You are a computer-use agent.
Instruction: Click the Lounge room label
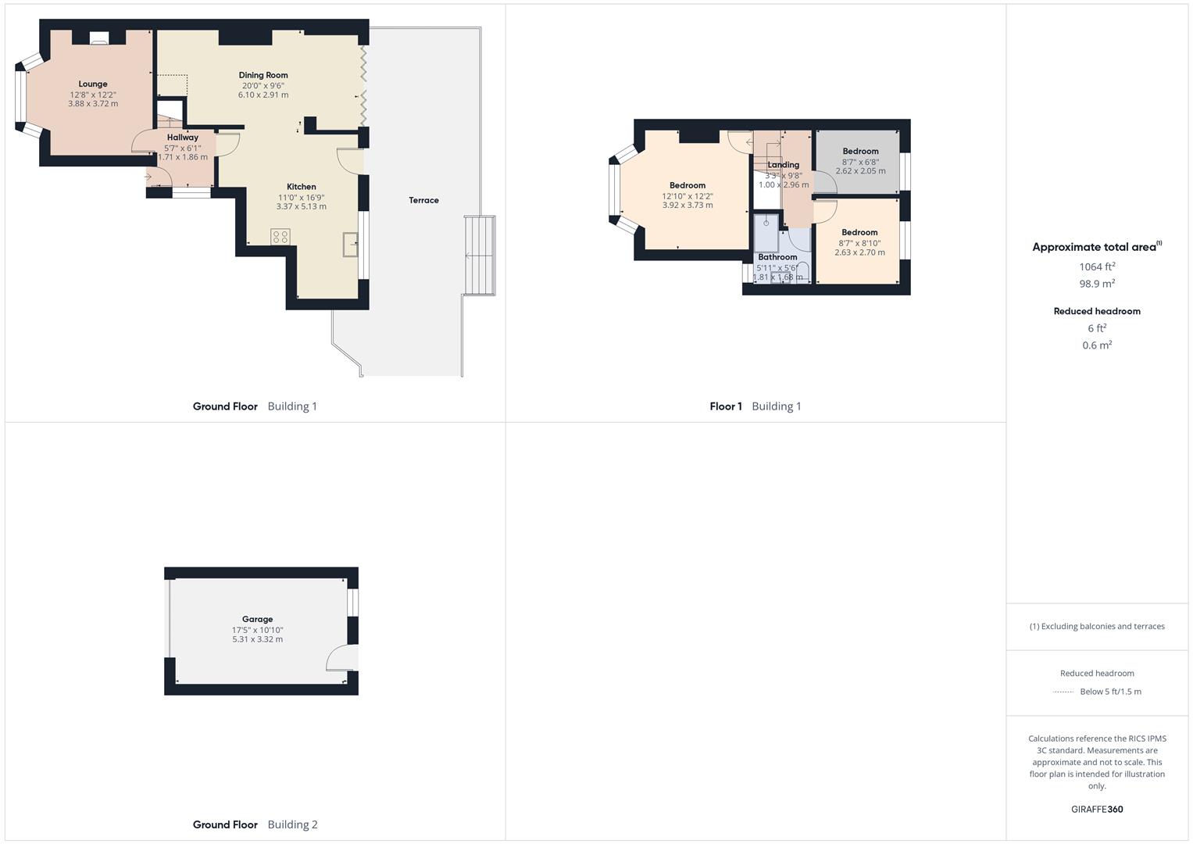pyautogui.click(x=93, y=84)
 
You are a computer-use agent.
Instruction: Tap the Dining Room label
pyautogui.click(x=263, y=76)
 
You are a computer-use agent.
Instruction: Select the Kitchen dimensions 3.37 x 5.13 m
pyautogui.click(x=301, y=207)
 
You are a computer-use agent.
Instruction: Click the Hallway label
pyautogui.click(x=182, y=138)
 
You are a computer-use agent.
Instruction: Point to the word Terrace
pyautogui.click(x=423, y=201)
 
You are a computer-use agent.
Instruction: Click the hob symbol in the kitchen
pyautogui.click(x=280, y=236)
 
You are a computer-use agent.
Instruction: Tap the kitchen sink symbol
pyautogui.click(x=350, y=245)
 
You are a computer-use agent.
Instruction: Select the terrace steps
pyautogui.click(x=480, y=256)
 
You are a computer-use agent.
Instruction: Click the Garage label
pyautogui.click(x=257, y=620)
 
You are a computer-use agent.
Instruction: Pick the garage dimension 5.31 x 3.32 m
pyautogui.click(x=257, y=639)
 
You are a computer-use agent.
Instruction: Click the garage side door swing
pyautogui.click(x=341, y=658)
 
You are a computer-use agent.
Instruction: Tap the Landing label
pyautogui.click(x=783, y=165)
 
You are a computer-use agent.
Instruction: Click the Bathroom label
pyautogui.click(x=777, y=257)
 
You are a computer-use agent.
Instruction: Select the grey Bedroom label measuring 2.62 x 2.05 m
pyautogui.click(x=860, y=152)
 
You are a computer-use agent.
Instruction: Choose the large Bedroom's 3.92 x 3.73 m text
pyautogui.click(x=688, y=206)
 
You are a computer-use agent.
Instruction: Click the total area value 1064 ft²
pyautogui.click(x=1096, y=267)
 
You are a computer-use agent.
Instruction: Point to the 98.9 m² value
pyautogui.click(x=1097, y=284)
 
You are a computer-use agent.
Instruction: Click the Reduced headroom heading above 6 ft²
pyautogui.click(x=1097, y=311)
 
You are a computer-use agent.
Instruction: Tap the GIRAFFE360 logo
pyautogui.click(x=1097, y=810)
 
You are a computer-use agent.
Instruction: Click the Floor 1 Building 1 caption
pyautogui.click(x=755, y=406)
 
